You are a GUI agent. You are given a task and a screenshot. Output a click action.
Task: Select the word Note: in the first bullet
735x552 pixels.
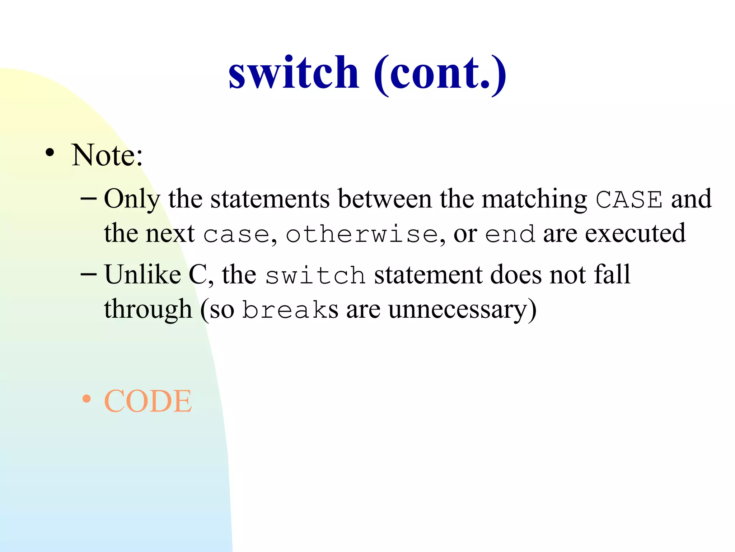pyautogui.click(x=107, y=155)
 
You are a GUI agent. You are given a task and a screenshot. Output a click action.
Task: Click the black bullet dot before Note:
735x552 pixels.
pyautogui.click(x=50, y=153)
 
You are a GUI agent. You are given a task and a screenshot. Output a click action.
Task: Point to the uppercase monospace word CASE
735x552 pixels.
pyautogui.click(x=629, y=199)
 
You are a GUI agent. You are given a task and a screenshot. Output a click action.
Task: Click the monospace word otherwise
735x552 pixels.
pyautogui.click(x=362, y=235)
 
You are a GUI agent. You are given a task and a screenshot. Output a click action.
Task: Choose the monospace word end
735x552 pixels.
pyautogui.click(x=510, y=235)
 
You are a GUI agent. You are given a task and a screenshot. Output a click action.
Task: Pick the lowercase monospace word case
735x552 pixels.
pyautogui.click(x=237, y=235)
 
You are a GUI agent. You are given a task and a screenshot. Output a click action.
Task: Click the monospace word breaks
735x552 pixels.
pyautogui.click(x=290, y=310)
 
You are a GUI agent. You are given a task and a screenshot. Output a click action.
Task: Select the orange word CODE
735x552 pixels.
pyautogui.click(x=148, y=401)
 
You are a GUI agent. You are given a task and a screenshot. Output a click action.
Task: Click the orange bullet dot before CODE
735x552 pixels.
pyautogui.click(x=86, y=399)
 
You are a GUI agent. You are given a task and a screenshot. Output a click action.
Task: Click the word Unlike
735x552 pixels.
pyautogui.click(x=142, y=275)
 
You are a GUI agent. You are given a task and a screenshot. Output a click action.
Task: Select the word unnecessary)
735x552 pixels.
pyautogui.click(x=462, y=309)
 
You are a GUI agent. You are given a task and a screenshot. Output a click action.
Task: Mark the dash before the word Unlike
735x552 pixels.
pyautogui.click(x=89, y=274)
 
